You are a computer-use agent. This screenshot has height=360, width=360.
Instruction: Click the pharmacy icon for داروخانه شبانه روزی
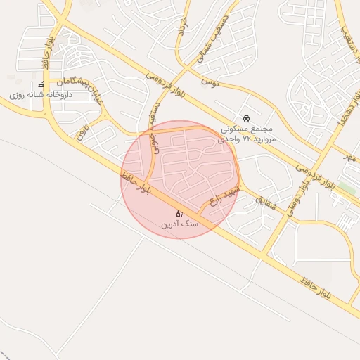[41, 85]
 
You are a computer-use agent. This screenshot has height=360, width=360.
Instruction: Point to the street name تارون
[84, 131]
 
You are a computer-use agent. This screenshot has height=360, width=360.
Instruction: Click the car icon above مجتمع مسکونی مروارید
[245, 118]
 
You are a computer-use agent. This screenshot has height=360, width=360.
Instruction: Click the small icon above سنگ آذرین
[180, 214]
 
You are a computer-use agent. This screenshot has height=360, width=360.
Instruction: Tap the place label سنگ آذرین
[181, 224]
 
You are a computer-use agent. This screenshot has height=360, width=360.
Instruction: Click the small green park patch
[347, 189]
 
